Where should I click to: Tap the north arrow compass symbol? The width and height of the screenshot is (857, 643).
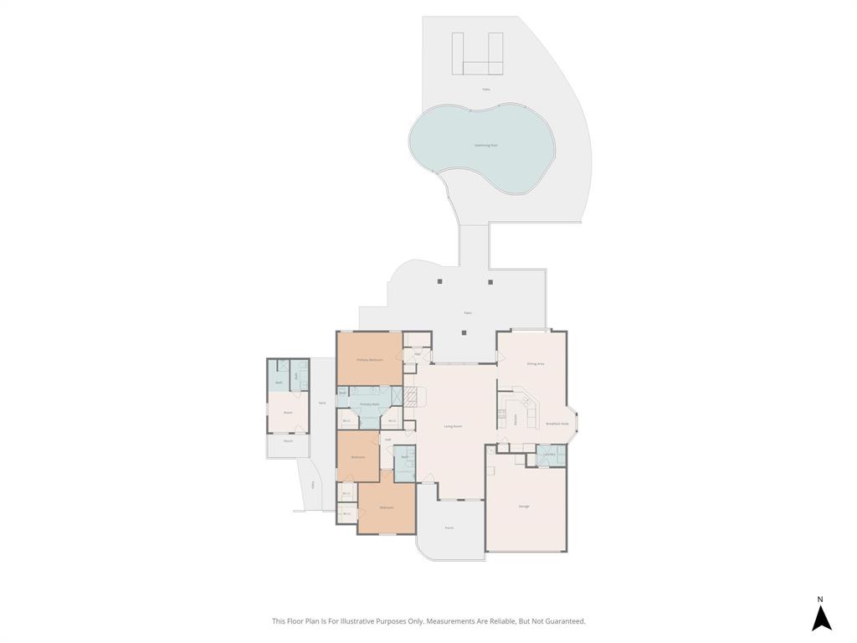click(821, 618)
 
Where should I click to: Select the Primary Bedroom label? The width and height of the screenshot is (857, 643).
click(370, 360)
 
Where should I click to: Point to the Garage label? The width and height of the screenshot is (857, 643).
click(524, 507)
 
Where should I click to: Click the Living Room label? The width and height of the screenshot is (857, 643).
click(453, 426)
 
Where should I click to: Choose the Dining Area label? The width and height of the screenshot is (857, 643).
click(536, 364)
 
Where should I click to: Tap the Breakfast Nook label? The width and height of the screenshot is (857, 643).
click(557, 424)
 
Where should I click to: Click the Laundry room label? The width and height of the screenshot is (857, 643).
click(549, 455)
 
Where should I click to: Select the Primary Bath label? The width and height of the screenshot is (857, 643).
click(370, 405)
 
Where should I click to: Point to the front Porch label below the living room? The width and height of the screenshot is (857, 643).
click(449, 527)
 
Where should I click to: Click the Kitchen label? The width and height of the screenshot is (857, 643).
click(516, 418)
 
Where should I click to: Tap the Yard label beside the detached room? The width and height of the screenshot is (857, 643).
click(322, 404)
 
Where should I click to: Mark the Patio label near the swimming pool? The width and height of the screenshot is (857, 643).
click(486, 89)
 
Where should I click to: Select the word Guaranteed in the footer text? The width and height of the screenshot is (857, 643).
click(565, 621)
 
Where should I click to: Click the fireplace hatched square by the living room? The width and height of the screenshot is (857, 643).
click(410, 397)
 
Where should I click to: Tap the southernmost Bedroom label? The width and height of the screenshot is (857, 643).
click(386, 508)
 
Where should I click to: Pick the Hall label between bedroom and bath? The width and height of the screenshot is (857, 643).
click(387, 439)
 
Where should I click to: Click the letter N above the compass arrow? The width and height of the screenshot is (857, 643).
click(820, 599)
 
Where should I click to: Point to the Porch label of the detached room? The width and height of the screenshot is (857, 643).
click(288, 440)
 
